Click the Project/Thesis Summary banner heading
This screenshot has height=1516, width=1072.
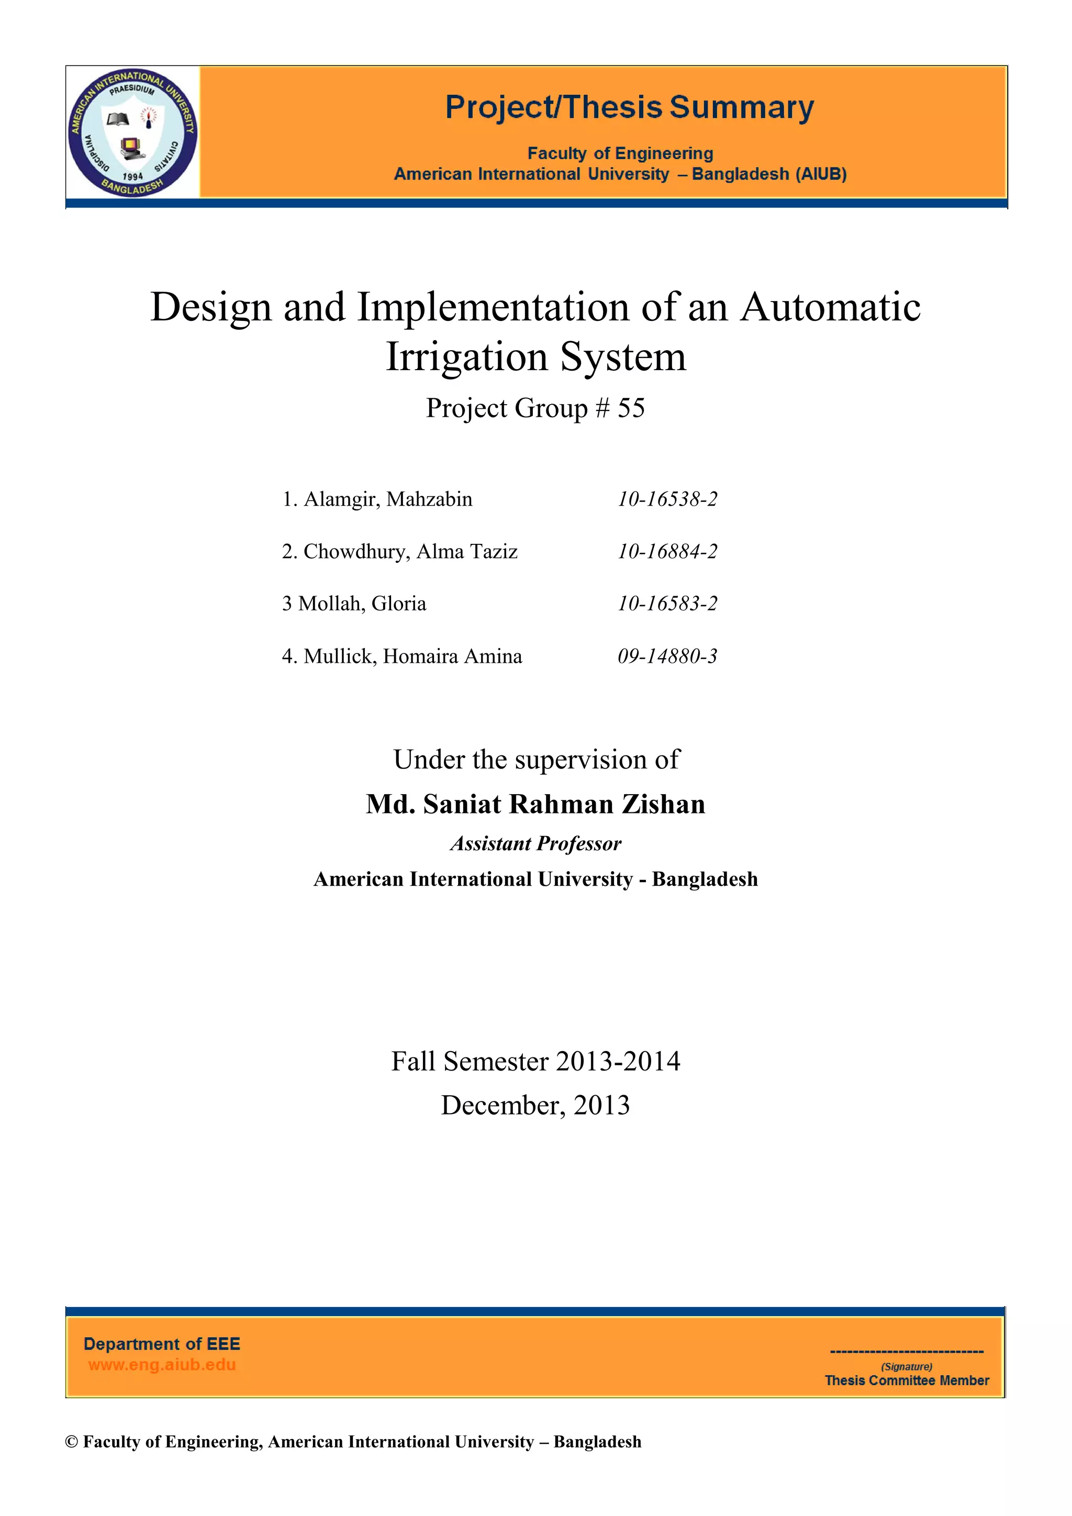pos(629,108)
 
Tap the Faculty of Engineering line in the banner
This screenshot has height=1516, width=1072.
pos(620,153)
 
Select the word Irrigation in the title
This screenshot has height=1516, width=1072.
pos(467,357)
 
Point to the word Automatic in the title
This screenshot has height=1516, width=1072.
pos(830,308)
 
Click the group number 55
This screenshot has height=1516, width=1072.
pos(631,408)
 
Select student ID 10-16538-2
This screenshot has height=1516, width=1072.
pos(667,499)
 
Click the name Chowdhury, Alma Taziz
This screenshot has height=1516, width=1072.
pos(410,551)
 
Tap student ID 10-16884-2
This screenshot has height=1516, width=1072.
pos(667,551)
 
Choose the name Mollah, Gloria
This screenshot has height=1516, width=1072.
pos(362,604)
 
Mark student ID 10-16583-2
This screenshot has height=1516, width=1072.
pos(667,604)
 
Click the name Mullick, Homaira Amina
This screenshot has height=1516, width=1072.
pos(412,656)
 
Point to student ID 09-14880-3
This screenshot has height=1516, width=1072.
pos(667,656)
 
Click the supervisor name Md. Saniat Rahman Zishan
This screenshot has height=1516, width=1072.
pos(535,804)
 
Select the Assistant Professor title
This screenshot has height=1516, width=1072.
pos(535,843)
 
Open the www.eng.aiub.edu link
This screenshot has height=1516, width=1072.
pos(162,1365)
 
